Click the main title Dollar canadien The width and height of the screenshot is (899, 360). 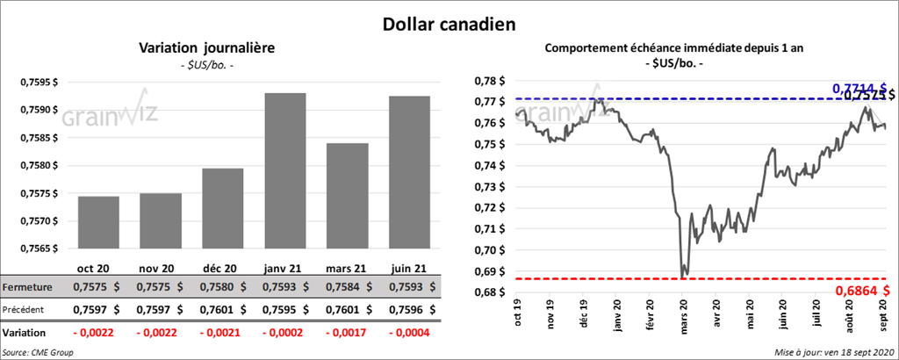pos(449,25)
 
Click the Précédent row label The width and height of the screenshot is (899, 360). pos(27,309)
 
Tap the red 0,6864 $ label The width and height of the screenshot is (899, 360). pos(861,290)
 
